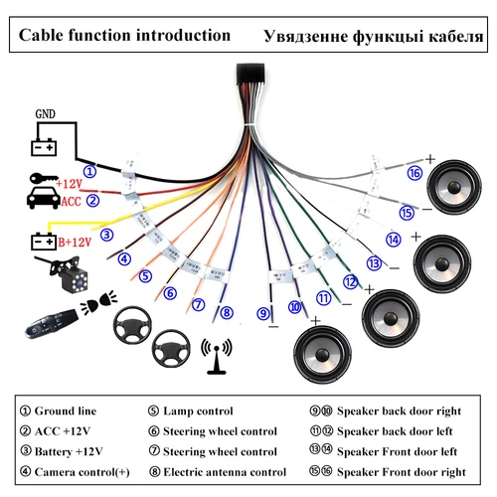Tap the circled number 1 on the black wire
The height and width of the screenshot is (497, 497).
click(x=90, y=170)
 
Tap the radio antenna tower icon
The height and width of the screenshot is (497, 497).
click(x=216, y=352)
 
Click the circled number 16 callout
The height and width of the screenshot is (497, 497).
click(x=414, y=171)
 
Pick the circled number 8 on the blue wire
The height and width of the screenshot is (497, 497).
click(x=227, y=312)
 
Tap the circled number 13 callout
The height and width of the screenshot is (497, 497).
click(x=374, y=263)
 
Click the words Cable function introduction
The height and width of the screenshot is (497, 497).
click(x=124, y=36)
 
